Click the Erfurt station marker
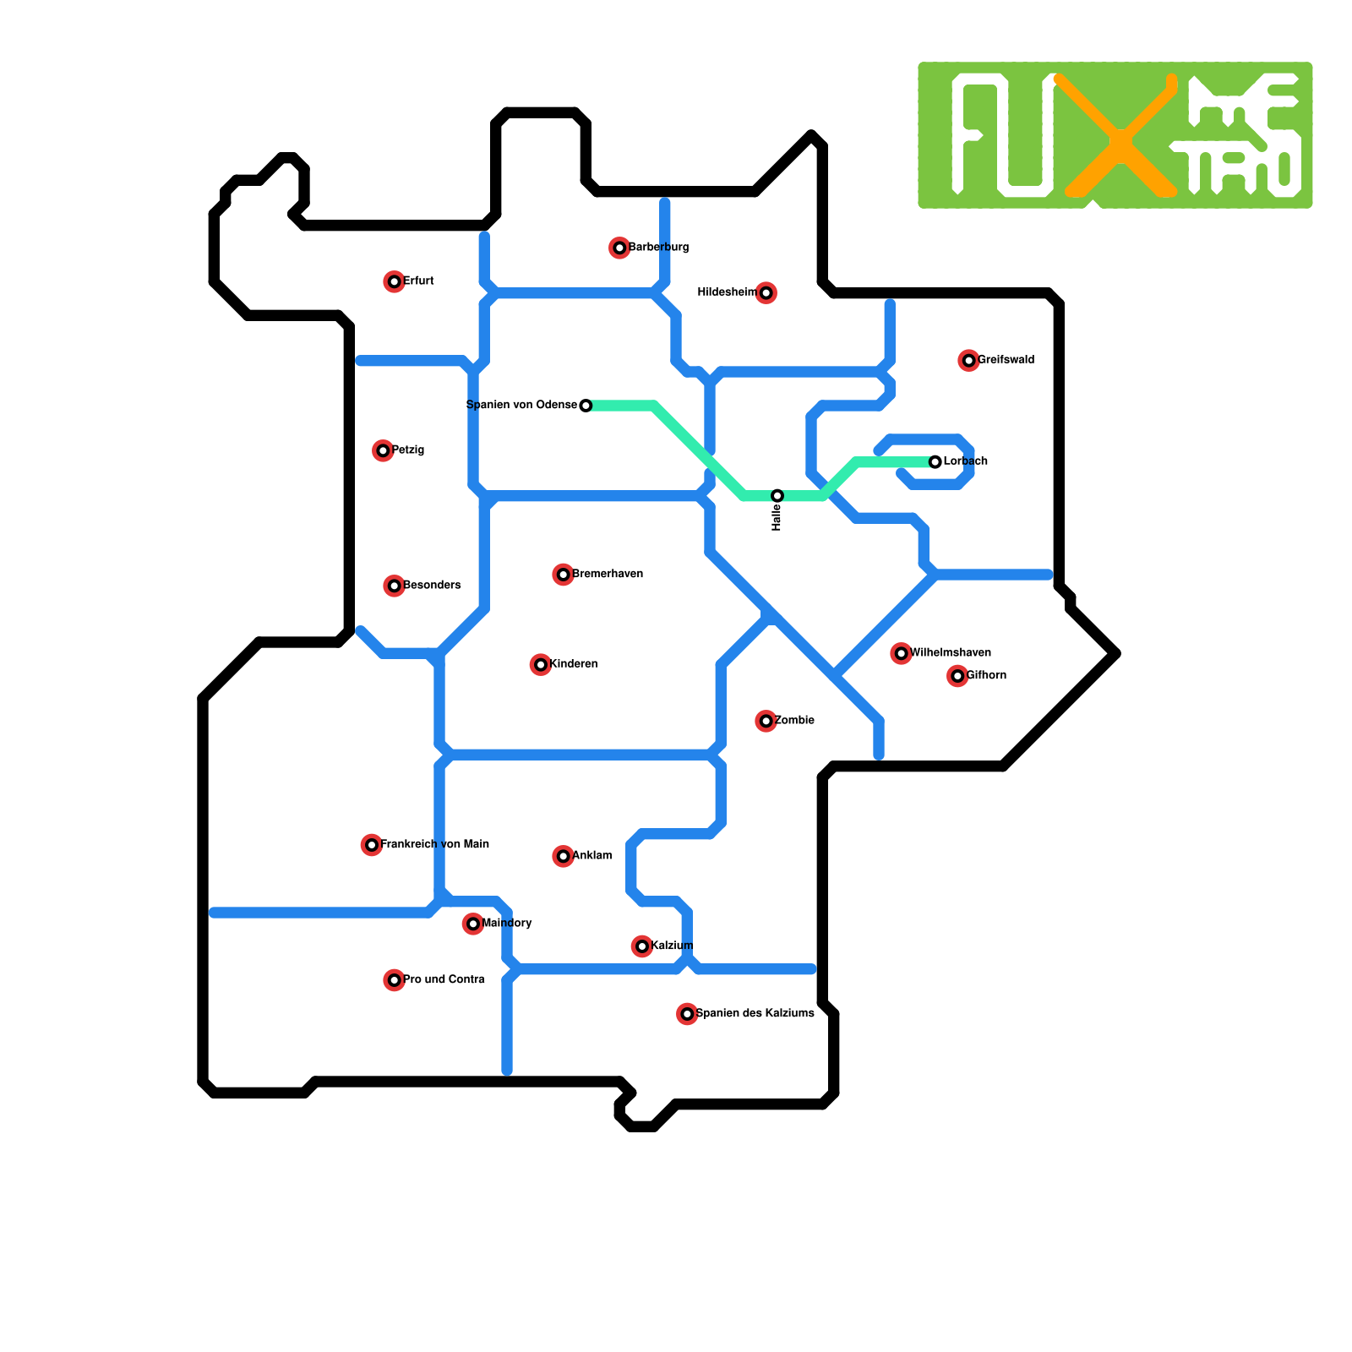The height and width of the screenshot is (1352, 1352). [x=394, y=281]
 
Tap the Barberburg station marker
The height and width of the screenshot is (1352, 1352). [x=619, y=248]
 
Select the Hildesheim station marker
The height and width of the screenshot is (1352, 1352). [x=766, y=293]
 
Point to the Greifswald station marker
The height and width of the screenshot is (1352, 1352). [x=968, y=361]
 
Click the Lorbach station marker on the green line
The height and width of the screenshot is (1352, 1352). [x=935, y=462]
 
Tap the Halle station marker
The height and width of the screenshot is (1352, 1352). [x=777, y=496]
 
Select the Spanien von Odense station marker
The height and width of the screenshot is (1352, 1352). [x=586, y=406]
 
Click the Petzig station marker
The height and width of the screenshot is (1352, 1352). [x=383, y=450]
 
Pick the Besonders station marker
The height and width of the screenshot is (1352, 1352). [x=394, y=586]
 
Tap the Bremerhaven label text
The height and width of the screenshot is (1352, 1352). [x=608, y=574]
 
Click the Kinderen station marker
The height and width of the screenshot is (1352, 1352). [x=540, y=665]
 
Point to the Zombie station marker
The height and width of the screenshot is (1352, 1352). [x=766, y=721]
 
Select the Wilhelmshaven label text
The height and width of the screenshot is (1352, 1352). [x=951, y=652]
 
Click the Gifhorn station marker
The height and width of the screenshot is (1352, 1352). [x=957, y=676]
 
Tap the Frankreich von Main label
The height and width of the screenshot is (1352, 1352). [x=434, y=844]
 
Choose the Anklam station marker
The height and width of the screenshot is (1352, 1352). [x=563, y=856]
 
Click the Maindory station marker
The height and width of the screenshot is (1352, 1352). [x=473, y=924]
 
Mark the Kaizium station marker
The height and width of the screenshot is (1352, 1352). [x=642, y=946]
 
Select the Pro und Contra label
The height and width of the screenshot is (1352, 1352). [x=444, y=979]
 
